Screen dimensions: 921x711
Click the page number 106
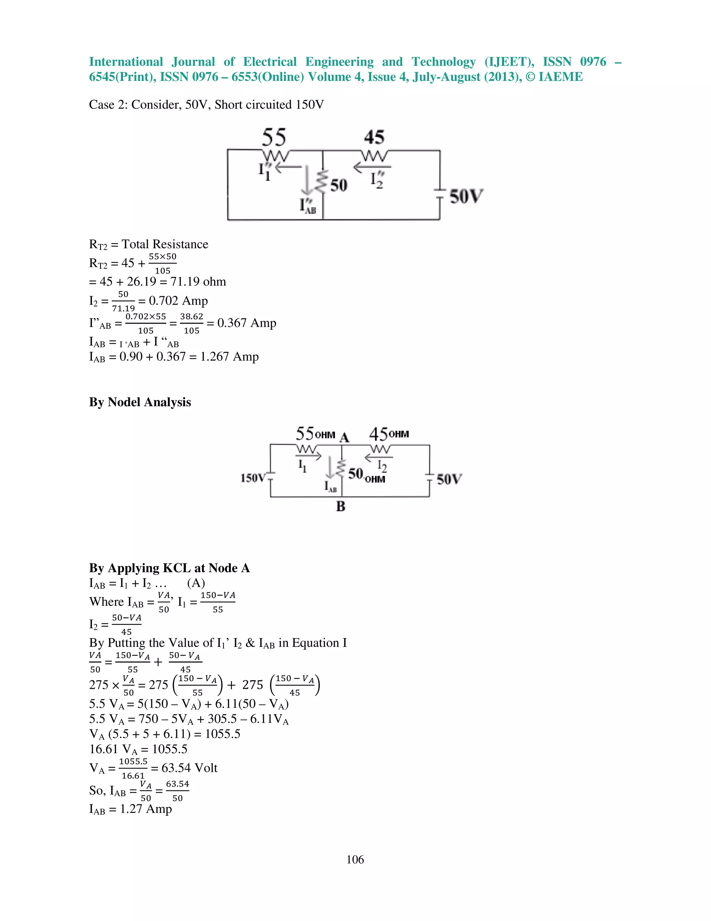[x=355, y=859]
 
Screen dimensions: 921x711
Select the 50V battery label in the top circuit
[x=466, y=196]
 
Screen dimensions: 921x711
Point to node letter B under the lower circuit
[x=341, y=506]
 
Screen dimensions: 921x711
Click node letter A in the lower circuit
[x=344, y=437]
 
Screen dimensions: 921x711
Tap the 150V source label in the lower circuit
[x=253, y=478]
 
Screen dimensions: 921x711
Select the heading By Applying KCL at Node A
[x=169, y=568]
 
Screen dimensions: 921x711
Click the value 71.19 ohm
[x=198, y=282]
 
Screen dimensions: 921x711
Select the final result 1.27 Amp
[x=146, y=809]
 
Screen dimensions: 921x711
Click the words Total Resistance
[x=165, y=244]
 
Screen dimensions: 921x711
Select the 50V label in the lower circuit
[x=449, y=479]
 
